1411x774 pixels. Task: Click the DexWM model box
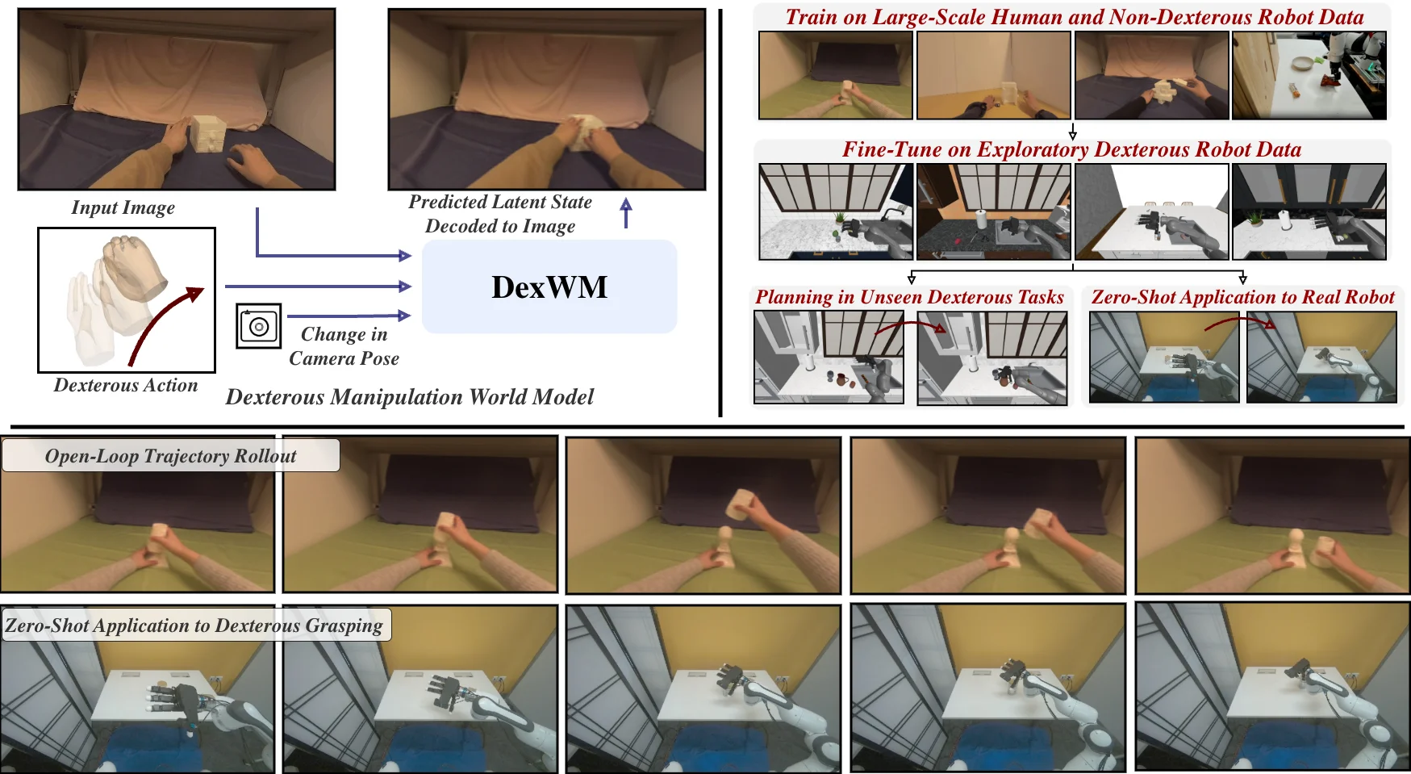pyautogui.click(x=549, y=287)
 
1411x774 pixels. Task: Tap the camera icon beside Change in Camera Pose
pyautogui.click(x=258, y=326)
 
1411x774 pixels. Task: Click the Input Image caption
pyautogui.click(x=123, y=207)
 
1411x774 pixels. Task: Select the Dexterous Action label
pyautogui.click(x=126, y=386)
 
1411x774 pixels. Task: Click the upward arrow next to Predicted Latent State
pyautogui.click(x=626, y=213)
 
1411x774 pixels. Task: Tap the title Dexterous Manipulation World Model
pyautogui.click(x=410, y=397)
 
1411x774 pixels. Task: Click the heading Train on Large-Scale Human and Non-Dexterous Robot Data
pyautogui.click(x=1074, y=17)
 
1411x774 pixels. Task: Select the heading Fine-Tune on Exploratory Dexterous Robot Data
pyautogui.click(x=1071, y=149)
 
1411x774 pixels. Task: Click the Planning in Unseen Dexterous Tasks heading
pyautogui.click(x=909, y=297)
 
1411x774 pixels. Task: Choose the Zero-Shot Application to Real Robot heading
pyautogui.click(x=1242, y=297)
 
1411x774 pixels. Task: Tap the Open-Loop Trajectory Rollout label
pyautogui.click(x=170, y=456)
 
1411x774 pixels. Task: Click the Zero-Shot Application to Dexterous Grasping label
pyautogui.click(x=194, y=625)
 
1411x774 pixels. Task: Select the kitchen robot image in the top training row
pyautogui.click(x=1309, y=75)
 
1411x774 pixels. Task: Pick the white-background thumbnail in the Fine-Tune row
pyautogui.click(x=1151, y=211)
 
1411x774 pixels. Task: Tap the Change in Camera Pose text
pyautogui.click(x=344, y=346)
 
